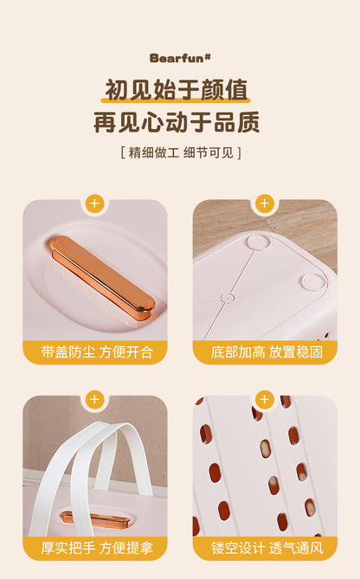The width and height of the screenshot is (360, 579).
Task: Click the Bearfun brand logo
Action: pyautogui.click(x=180, y=58)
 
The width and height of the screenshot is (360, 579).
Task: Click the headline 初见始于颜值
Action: pyautogui.click(x=177, y=90)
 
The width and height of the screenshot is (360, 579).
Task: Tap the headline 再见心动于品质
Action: pyautogui.click(x=177, y=122)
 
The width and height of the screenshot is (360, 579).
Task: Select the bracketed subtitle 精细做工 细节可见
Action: pyautogui.click(x=181, y=152)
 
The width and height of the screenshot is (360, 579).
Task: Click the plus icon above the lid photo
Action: pyautogui.click(x=95, y=203)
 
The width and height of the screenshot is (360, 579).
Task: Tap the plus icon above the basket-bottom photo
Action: pyautogui.click(x=265, y=203)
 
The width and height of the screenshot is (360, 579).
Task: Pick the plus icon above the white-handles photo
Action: pyautogui.click(x=95, y=399)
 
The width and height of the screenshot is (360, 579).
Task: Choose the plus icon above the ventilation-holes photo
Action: pyautogui.click(x=265, y=399)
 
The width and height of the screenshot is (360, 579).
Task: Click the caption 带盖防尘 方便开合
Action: pyautogui.click(x=97, y=352)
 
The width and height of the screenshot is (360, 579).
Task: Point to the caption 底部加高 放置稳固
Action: pyautogui.click(x=267, y=352)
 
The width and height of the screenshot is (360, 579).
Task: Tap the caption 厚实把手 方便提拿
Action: pyautogui.click(x=97, y=548)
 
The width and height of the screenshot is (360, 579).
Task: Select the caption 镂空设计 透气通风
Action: pyautogui.click(x=267, y=548)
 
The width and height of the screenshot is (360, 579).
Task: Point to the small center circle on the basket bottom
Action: pyautogui.click(x=228, y=298)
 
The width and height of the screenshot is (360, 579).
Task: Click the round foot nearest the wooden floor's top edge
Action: pyautogui.click(x=258, y=242)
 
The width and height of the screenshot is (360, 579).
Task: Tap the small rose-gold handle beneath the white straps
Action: pyautogui.click(x=96, y=519)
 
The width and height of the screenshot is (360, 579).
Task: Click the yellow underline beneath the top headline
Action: pyautogui.click(x=176, y=100)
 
